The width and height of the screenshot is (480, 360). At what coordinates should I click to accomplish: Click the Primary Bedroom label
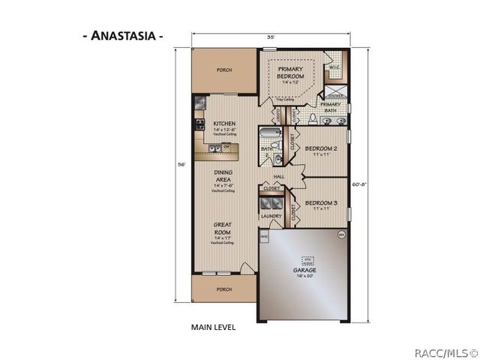point(290,73)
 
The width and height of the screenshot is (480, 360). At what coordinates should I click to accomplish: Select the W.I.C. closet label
point(334,68)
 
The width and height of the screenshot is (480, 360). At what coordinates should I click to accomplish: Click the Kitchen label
point(223,124)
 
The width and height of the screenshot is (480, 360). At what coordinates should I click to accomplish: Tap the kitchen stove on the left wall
point(199,124)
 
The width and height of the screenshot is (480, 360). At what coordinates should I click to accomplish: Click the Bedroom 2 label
point(322,148)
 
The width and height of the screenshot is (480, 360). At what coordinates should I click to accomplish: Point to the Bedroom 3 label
point(322,202)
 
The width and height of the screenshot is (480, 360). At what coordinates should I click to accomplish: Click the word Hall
point(278,177)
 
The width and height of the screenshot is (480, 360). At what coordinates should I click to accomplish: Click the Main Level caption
point(214,328)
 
